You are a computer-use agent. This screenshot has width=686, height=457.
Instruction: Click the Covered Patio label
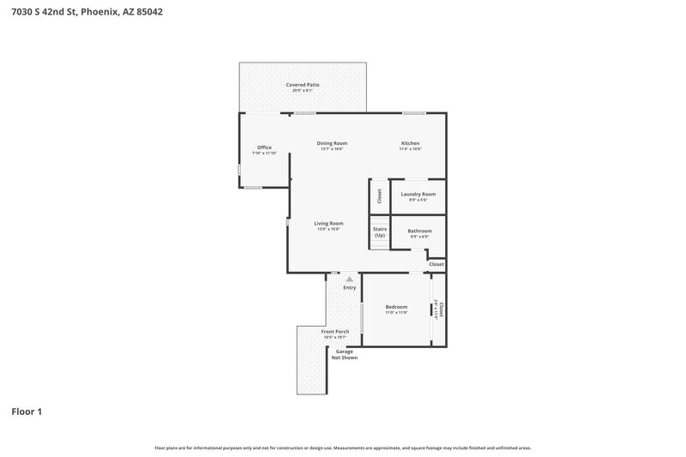click(x=303, y=86)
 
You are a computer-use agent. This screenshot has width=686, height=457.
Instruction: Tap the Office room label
click(x=264, y=147)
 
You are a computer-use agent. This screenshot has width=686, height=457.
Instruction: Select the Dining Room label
click(x=332, y=143)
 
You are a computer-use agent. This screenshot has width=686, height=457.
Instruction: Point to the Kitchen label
click(x=411, y=143)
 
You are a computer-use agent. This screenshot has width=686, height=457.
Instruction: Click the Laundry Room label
click(x=418, y=195)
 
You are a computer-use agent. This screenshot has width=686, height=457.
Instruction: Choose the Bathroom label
click(x=419, y=231)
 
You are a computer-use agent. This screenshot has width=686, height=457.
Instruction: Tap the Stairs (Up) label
click(x=380, y=232)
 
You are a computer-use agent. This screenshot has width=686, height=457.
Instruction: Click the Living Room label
click(x=328, y=224)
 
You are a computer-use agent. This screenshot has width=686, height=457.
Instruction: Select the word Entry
click(x=350, y=287)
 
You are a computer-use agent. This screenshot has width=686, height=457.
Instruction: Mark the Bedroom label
click(x=396, y=307)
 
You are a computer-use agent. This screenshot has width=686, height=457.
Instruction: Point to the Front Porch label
click(x=335, y=332)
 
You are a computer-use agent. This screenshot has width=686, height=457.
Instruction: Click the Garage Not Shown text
click(x=344, y=354)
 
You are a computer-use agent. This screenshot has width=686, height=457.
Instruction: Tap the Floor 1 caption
click(x=27, y=412)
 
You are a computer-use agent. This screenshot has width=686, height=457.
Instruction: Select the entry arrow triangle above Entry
click(x=350, y=279)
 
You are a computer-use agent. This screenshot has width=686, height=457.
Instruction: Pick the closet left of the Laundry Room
click(x=379, y=196)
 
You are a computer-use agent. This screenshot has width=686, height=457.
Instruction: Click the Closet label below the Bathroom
click(x=436, y=264)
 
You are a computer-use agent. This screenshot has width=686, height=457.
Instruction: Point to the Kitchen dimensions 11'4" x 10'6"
click(x=411, y=149)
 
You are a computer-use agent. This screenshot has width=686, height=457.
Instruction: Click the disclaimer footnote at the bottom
click(x=343, y=448)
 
